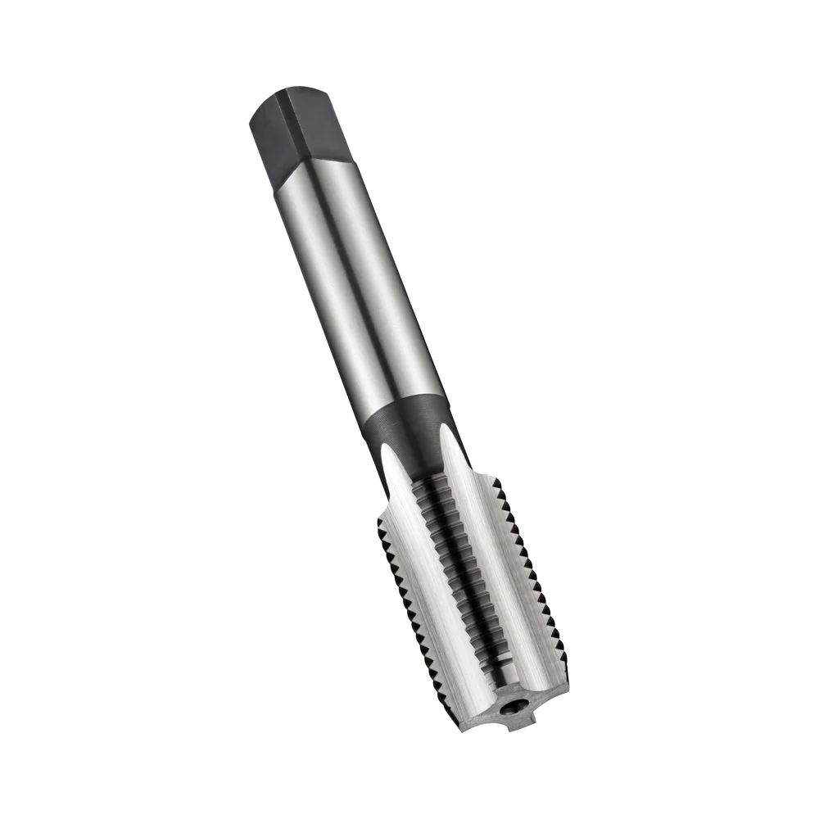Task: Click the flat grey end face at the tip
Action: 491,717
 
